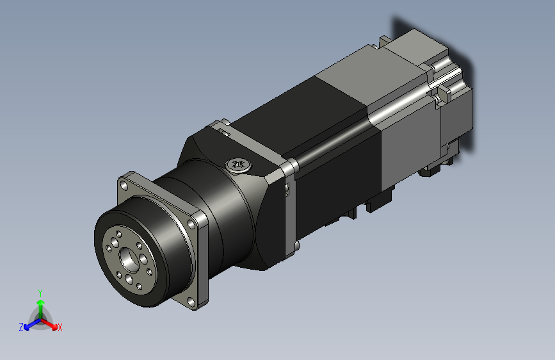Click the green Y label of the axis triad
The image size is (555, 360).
pos(40,293)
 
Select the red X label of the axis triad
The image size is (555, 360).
pos(60,327)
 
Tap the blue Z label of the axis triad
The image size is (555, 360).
pos(21,327)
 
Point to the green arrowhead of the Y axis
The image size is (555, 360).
pos(41,302)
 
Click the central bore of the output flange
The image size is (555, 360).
pos(129,259)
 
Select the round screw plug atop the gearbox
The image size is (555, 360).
pos(239,165)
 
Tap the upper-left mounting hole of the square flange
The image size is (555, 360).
pos(124,185)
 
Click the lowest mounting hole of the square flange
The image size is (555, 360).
pos(191,302)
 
